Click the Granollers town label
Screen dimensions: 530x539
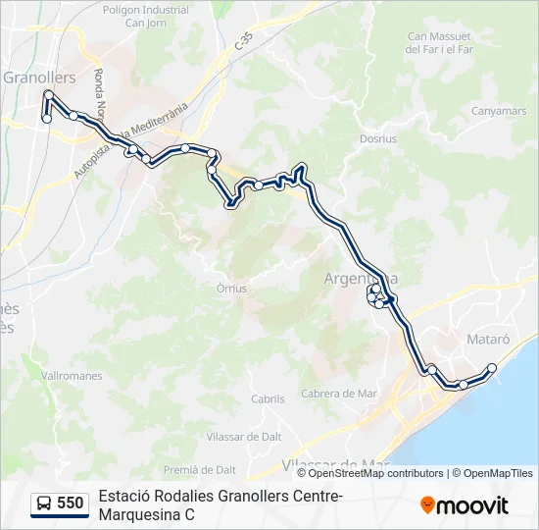click(39, 77)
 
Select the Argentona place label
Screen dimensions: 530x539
click(361, 279)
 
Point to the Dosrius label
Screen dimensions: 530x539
click(378, 139)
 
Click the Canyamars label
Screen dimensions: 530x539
click(498, 111)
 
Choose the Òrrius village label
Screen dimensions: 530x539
click(231, 289)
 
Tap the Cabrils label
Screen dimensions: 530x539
click(268, 399)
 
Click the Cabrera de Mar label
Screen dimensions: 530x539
click(339, 394)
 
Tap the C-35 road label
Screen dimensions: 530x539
click(243, 43)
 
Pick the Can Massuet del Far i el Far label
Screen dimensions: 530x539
click(440, 42)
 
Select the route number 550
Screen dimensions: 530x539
click(70, 503)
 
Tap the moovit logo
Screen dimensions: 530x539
click(465, 505)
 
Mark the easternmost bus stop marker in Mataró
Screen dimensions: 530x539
click(492, 369)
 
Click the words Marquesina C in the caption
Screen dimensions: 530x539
click(146, 514)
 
